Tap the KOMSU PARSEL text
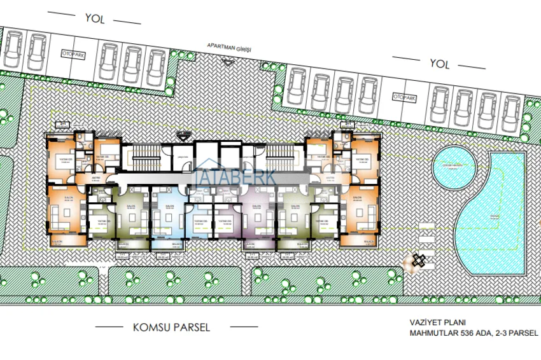pyautogui.click(x=171, y=328)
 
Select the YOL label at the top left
pyautogui.click(x=94, y=18)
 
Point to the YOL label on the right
pyautogui.click(x=439, y=64)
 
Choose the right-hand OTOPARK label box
pyautogui.click(x=404, y=97)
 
